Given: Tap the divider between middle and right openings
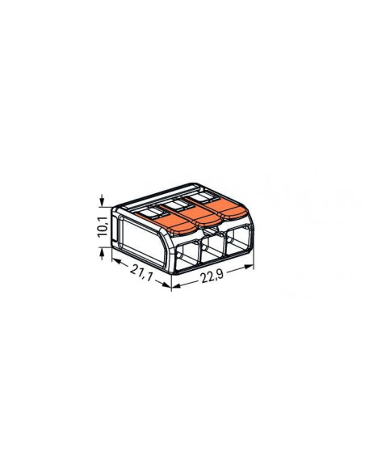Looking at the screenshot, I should point(228,246).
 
